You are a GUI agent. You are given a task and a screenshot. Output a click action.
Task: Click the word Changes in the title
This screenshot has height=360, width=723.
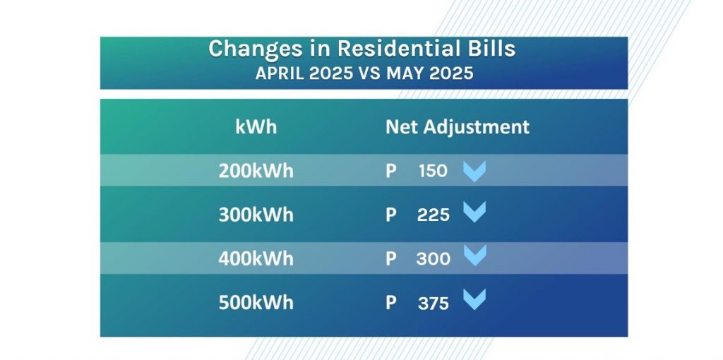pos(250,49)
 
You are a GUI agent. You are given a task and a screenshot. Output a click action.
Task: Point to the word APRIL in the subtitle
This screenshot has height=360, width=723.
pos(280,73)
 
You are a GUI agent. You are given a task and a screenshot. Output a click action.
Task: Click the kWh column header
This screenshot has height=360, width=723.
pos(256,126)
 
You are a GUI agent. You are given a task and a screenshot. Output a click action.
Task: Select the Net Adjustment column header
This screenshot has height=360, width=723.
pos(458,127)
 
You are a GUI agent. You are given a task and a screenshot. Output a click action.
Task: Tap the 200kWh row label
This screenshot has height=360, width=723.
pos(256,171)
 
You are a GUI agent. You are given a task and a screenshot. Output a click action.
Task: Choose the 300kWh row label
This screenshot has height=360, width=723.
pos(256,215)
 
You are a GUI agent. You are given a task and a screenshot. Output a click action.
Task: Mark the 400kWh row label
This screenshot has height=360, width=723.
pos(256,259)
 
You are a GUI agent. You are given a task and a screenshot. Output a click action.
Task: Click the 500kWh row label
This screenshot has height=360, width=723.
pos(256,303)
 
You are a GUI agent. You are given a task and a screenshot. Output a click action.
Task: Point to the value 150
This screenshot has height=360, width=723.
pos(433,171)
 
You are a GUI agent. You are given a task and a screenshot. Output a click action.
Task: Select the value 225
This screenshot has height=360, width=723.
pos(433,215)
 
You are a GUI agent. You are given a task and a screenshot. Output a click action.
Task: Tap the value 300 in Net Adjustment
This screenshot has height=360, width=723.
pos(433,259)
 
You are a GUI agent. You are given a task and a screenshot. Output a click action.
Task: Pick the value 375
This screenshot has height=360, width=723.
pos(433,304)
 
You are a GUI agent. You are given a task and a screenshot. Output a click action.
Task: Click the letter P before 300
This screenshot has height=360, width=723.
pos(390,259)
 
